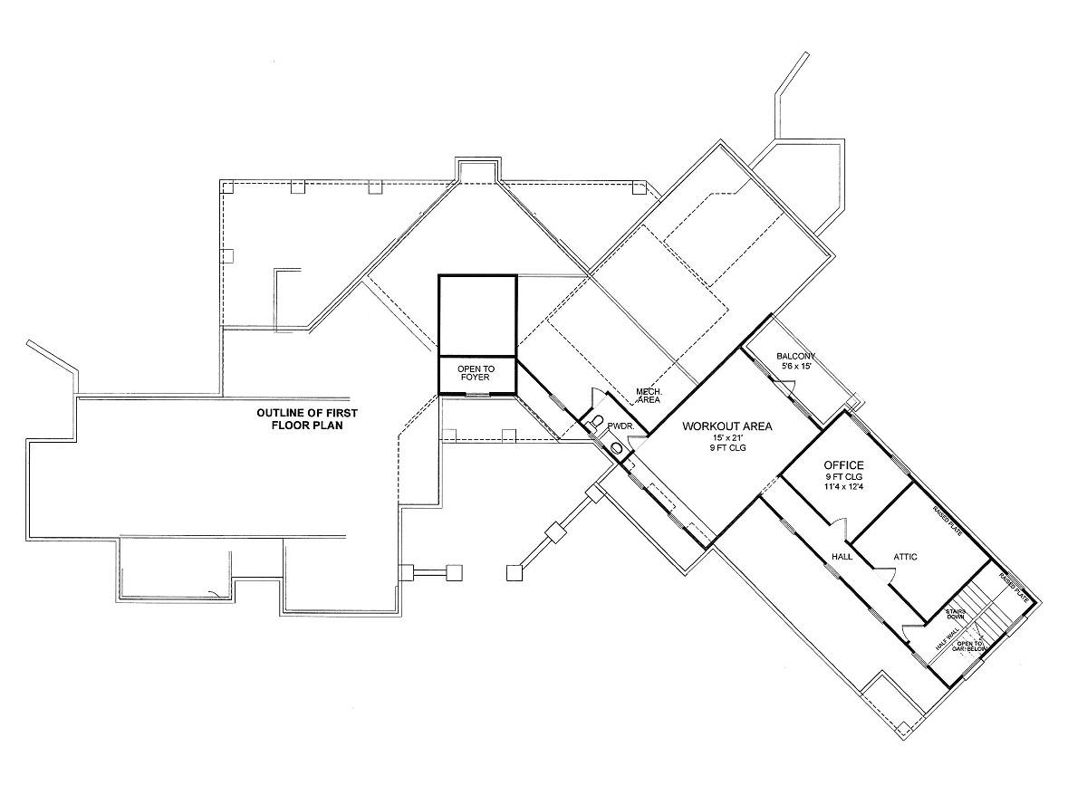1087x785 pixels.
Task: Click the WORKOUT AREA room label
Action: (727, 426)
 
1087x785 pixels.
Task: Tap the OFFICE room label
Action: (843, 465)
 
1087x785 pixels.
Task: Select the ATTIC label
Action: (906, 557)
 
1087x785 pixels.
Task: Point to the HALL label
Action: (842, 557)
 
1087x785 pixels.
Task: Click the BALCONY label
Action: (796, 356)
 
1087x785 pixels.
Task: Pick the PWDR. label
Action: (620, 425)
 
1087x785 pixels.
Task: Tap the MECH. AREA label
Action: (648, 396)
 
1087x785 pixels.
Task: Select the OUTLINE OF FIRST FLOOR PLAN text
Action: (307, 418)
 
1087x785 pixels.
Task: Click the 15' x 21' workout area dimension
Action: (727, 438)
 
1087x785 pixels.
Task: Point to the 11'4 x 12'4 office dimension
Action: (843, 487)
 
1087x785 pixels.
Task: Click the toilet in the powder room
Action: (598, 422)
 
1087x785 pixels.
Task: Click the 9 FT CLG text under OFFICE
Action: (843, 477)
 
